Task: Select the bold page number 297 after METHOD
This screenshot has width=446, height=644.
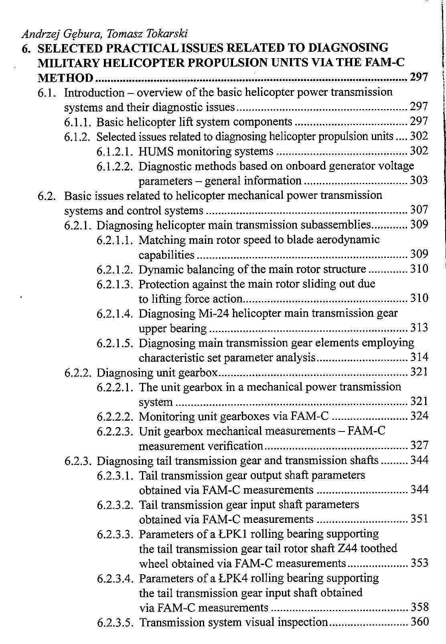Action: [419, 77]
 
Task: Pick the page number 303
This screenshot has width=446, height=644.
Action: [419, 180]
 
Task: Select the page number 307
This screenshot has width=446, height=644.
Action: [419, 210]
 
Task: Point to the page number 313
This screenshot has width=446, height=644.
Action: [419, 328]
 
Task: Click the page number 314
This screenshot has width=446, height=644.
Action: [419, 357]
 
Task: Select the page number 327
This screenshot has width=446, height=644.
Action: [419, 446]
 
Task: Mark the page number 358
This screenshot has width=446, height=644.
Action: [419, 607]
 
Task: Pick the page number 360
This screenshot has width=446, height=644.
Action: [419, 622]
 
